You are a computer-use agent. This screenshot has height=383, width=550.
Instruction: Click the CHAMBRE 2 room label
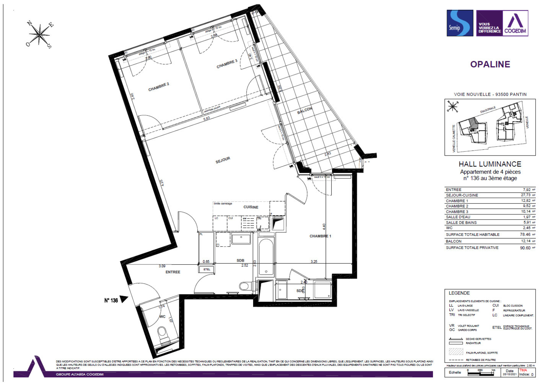coord(158,87)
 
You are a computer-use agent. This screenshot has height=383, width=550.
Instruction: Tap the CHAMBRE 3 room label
coord(227,64)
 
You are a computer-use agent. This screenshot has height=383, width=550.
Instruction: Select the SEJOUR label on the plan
coord(223,160)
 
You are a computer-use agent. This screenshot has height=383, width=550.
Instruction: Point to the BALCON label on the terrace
coord(305,111)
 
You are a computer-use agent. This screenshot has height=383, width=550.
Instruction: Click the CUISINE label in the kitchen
coord(251,207)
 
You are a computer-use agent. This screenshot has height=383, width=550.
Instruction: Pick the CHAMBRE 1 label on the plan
coord(320,236)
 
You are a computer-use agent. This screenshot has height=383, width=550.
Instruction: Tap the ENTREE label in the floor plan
coord(172,272)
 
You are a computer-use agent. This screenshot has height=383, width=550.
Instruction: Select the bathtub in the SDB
coord(266,257)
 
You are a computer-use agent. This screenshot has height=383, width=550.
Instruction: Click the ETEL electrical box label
coord(207,269)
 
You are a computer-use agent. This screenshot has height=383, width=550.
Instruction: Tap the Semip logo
coord(460,23)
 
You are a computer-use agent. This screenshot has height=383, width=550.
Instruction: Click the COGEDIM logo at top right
coord(515,23)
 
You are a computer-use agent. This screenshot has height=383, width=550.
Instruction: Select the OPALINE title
coord(490,64)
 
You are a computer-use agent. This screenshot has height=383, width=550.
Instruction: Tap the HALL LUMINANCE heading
coord(490,164)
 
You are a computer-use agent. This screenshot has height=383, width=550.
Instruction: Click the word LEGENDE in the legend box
coord(459,293)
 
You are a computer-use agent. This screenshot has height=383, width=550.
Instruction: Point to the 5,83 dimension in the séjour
coord(207,119)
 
